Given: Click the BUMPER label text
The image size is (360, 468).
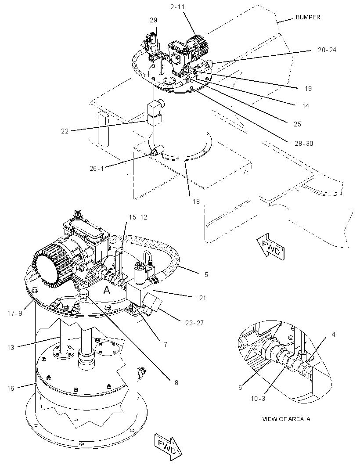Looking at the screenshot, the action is point(308,17).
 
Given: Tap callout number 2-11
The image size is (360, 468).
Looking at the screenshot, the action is point(178,7).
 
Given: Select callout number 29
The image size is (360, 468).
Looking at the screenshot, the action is point(153,20).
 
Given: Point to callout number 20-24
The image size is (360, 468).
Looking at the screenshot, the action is point(327,50).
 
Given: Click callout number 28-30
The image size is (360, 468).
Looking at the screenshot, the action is point(304,144).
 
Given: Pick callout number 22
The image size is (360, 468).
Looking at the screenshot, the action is point(65,131).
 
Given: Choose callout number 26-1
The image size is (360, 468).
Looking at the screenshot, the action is point(97,168).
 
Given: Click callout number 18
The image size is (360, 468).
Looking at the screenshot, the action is point(196,202).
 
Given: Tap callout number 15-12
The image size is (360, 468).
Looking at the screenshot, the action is point(138,217).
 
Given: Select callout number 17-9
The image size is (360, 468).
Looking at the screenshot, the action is point(14,313).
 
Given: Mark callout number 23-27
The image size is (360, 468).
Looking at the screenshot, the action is point(194,323).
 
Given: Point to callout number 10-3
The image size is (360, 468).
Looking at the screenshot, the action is point(258,398).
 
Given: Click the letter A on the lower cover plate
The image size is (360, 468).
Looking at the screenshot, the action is point(107,290).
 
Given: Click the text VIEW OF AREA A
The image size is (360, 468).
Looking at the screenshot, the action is point(286,419).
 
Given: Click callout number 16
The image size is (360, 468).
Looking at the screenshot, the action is point(11,388).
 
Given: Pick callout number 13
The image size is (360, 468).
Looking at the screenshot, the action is point(11,347).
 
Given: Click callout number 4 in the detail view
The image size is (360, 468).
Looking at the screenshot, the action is point(333,335).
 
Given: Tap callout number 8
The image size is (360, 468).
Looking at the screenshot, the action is point(176,382).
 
